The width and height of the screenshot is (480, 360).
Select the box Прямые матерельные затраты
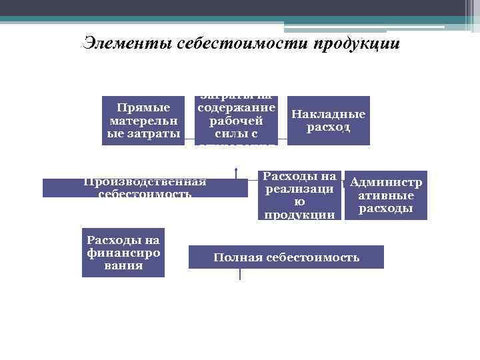[144, 121]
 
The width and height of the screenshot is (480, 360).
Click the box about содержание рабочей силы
[236, 121]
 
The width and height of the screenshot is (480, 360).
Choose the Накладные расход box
[328, 121]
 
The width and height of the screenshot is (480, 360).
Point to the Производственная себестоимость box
[145, 187]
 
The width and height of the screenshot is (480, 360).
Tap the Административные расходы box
[385, 195]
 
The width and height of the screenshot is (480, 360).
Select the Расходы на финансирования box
[123, 253]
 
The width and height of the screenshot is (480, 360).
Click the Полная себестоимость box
[286, 257]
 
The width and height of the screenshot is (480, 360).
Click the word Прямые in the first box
[143, 107]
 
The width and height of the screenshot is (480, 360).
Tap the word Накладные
[328, 114]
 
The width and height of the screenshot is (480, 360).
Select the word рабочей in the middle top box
[236, 121]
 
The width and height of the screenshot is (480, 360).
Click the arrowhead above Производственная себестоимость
[236, 169]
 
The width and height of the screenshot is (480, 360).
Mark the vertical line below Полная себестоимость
[239, 274]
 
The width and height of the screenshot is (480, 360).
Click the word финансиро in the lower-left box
[123, 253]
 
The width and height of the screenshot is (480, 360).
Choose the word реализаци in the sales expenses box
[299, 189]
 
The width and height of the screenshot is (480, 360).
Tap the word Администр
[385, 182]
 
